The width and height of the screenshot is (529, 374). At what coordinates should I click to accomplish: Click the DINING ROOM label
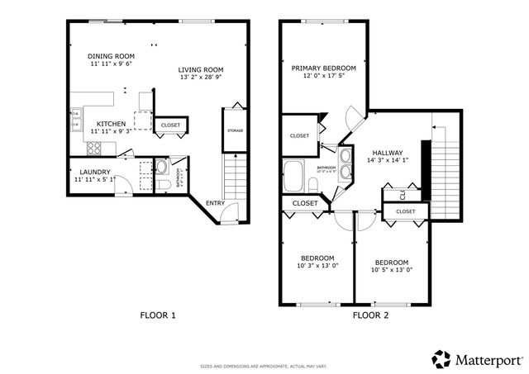(112, 57)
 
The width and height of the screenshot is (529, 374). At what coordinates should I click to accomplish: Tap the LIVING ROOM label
(201, 69)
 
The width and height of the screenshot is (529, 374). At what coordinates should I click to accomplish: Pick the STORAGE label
(235, 130)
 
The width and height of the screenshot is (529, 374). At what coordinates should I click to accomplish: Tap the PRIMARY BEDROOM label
(323, 68)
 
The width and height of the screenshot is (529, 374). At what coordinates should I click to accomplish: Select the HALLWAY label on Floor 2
(388, 154)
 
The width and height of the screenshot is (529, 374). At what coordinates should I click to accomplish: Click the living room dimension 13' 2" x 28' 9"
(201, 78)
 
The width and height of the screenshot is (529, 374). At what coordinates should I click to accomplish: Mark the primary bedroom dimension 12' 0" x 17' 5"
(323, 76)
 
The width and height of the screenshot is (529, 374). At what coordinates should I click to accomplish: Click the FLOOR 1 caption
(158, 315)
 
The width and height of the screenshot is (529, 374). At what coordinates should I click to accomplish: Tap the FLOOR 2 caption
(370, 315)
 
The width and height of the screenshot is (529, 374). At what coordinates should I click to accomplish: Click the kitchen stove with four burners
(93, 149)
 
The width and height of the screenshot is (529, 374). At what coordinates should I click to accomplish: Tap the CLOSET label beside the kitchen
(170, 125)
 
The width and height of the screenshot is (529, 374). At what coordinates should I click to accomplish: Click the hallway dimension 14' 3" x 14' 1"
(388, 162)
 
